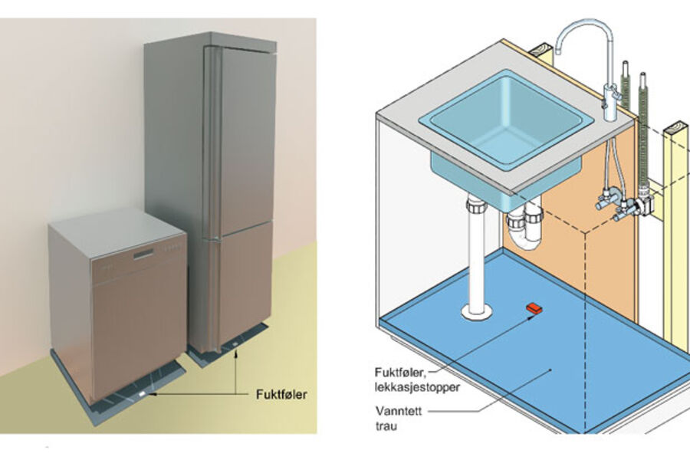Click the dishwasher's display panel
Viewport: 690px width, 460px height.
(143, 255)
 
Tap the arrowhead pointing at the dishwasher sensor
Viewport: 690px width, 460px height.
(153, 395)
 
